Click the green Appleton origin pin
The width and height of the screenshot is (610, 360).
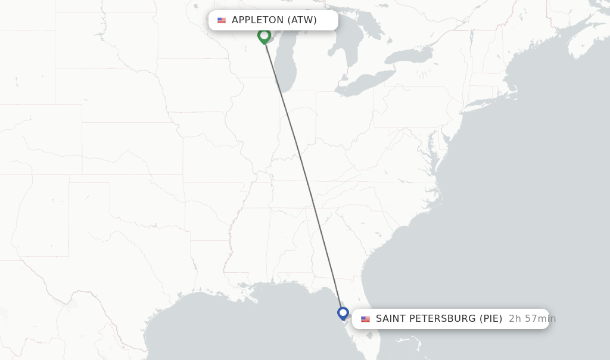[x=264, y=36]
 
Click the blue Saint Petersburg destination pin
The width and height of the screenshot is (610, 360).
[x=343, y=313]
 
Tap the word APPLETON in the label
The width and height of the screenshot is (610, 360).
[x=258, y=20]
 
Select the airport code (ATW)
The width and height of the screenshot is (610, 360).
[x=302, y=20]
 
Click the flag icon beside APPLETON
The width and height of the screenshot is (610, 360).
[x=222, y=20]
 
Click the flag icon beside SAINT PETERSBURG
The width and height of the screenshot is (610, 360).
[x=365, y=319]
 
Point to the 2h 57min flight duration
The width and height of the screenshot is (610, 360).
[x=532, y=319]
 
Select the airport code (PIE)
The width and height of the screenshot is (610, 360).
[x=491, y=319]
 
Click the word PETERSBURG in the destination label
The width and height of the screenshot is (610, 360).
[x=442, y=319]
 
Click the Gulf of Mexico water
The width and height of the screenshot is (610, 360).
[x=250, y=328]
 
